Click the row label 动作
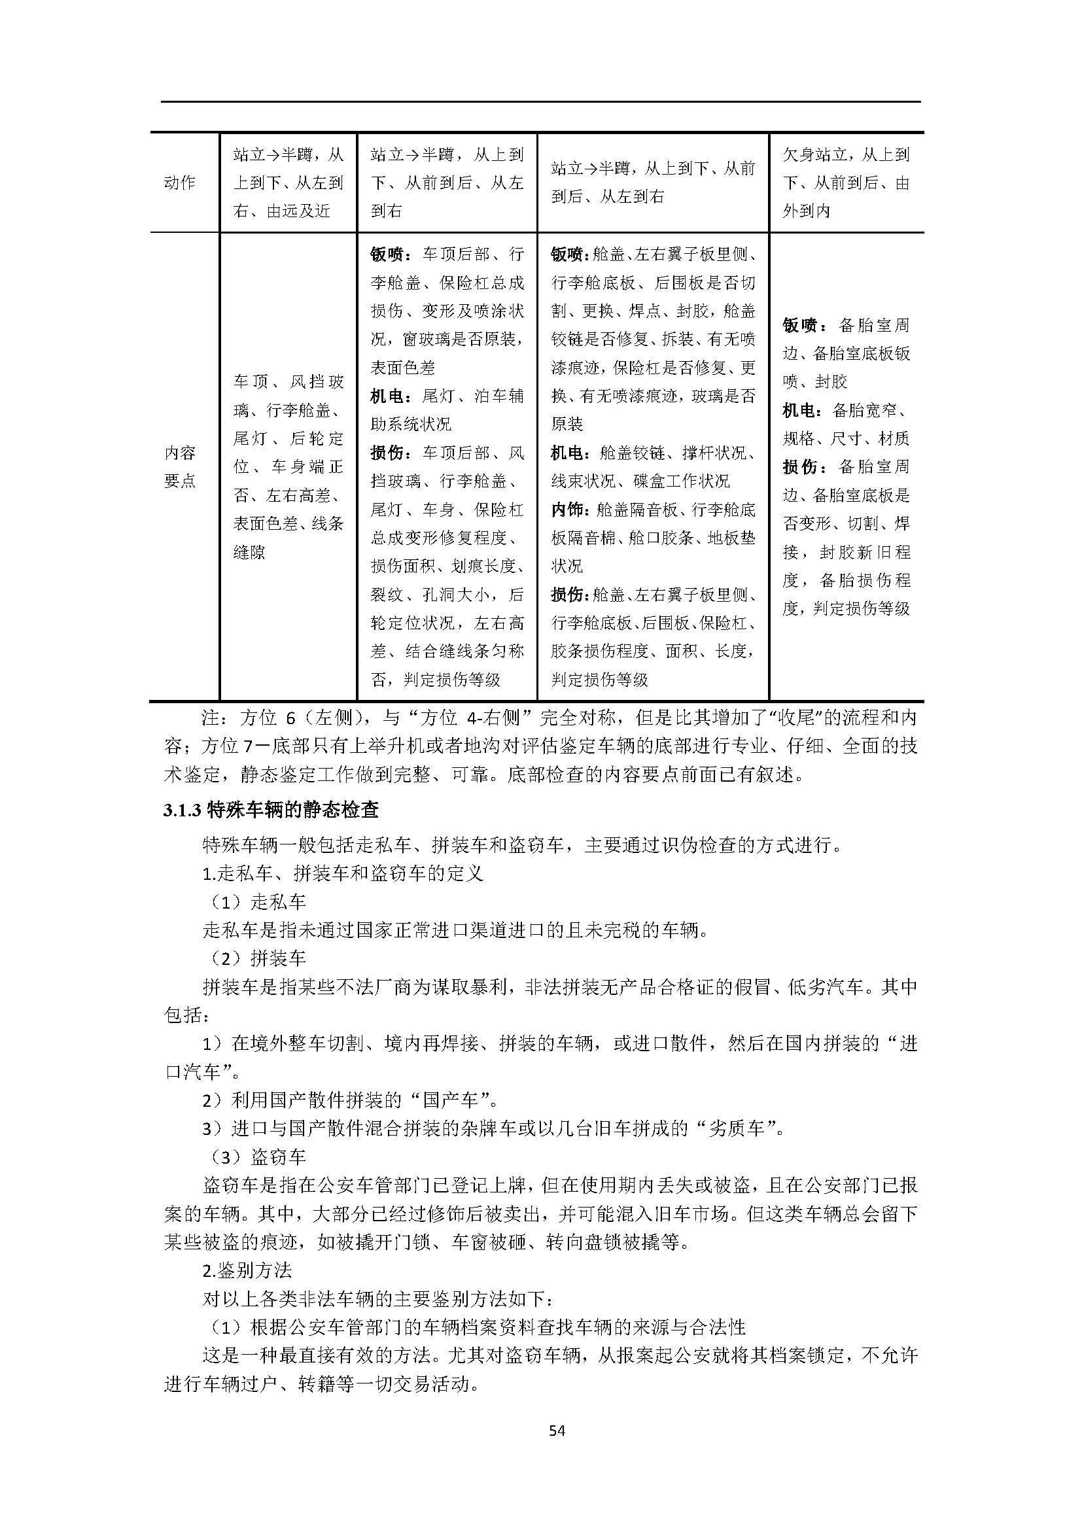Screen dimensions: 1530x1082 point(179,183)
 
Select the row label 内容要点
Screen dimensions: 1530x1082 point(180,466)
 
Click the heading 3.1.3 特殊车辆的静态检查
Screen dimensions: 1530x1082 point(271,810)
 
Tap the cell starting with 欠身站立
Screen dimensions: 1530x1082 point(845,183)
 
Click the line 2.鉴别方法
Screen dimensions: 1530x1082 point(247,1270)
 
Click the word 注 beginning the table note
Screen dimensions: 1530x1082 point(211,718)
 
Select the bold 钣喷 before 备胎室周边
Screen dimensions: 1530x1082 point(799,325)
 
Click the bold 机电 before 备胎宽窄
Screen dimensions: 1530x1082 point(799,411)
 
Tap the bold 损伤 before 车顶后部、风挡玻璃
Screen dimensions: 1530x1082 point(388,453)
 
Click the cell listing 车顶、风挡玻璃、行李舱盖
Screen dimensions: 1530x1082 point(288,466)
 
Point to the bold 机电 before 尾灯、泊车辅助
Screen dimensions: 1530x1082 point(388,396)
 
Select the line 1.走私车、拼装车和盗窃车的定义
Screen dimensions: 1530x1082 point(343,874)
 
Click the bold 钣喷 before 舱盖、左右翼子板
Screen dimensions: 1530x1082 point(568,254)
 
